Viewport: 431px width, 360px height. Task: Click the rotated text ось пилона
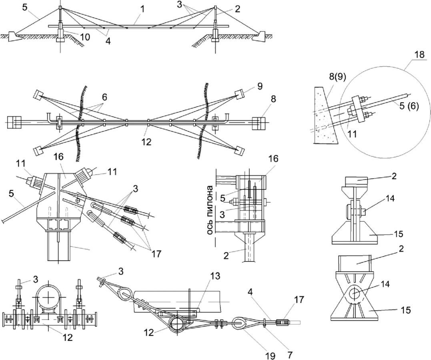pyautogui.click(x=210, y=211)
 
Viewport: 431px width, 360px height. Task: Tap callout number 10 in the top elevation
pyautogui.click(x=85, y=37)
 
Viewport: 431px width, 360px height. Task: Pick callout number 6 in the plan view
pyautogui.click(x=104, y=97)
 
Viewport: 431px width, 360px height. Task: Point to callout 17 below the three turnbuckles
pyautogui.click(x=156, y=253)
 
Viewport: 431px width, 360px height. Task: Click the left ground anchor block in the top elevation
pyautogui.click(x=13, y=36)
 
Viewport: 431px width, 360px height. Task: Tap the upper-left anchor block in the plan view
pyautogui.click(x=38, y=95)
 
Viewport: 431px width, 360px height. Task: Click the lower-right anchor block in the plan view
pyautogui.click(x=239, y=150)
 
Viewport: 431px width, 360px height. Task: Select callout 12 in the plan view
pyautogui.click(x=146, y=142)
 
